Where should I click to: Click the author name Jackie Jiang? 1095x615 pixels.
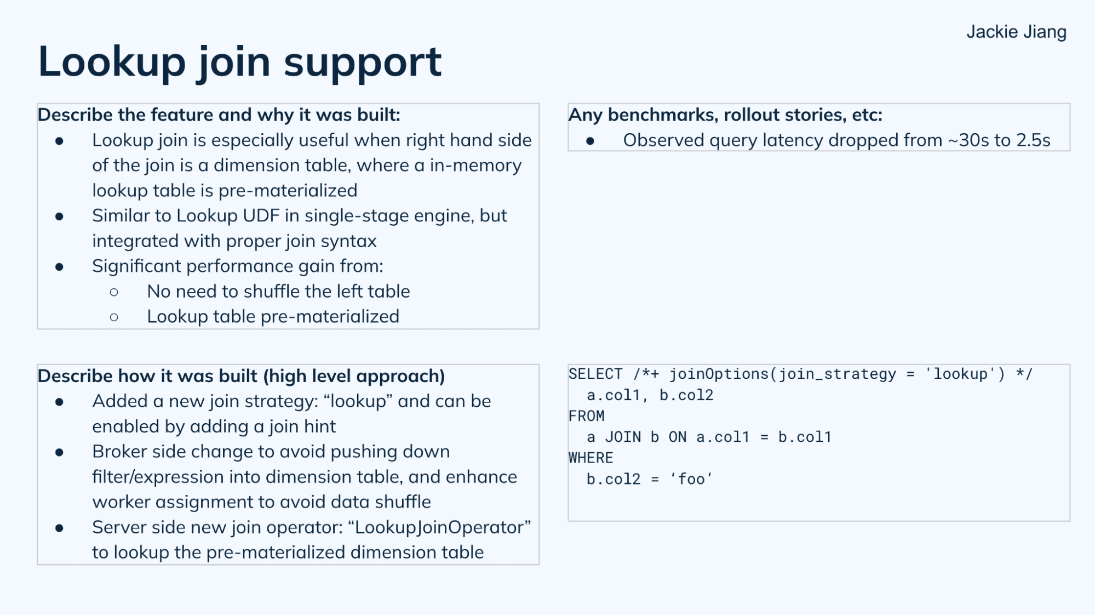point(1016,32)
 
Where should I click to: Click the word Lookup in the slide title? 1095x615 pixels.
point(112,62)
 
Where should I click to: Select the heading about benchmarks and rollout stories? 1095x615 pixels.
point(725,115)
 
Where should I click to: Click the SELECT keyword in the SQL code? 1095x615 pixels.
point(595,374)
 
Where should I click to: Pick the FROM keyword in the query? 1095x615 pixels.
point(586,416)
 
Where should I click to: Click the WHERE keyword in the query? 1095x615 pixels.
point(591,458)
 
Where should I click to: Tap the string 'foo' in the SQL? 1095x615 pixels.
point(691,479)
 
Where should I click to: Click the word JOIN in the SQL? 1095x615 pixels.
point(623,437)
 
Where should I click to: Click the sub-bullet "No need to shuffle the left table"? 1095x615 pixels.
point(278,292)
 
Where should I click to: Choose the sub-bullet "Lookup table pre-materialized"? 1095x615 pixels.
point(273,317)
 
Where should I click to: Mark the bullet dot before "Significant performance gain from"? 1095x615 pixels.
point(59,267)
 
